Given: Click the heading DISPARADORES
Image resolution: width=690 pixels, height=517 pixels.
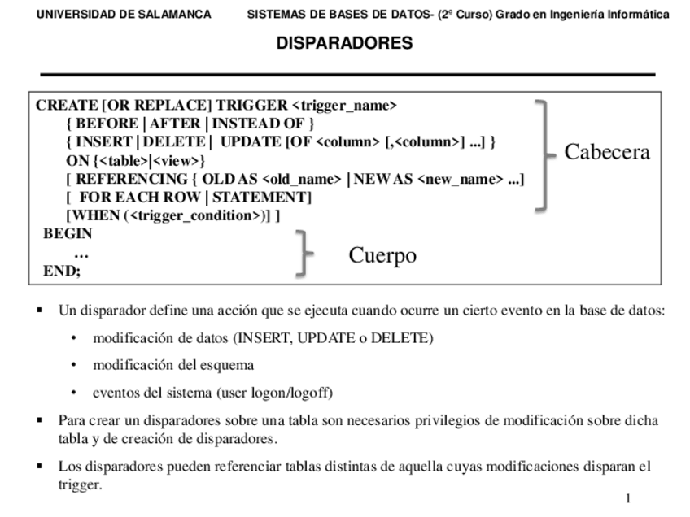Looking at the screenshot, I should [x=344, y=43].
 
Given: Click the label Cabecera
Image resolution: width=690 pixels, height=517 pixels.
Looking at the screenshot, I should [x=607, y=152].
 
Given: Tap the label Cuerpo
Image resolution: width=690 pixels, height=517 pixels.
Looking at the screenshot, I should [x=382, y=255].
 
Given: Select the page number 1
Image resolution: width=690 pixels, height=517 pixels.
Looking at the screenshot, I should [x=627, y=497].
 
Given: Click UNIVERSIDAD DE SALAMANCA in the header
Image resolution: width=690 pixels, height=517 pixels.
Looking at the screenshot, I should [x=124, y=15].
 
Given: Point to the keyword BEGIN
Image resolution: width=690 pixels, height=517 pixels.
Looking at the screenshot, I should [x=68, y=233].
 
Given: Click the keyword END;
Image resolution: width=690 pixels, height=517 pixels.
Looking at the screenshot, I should [x=62, y=271].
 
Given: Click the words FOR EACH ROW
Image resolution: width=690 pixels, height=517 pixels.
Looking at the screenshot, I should [x=132, y=198].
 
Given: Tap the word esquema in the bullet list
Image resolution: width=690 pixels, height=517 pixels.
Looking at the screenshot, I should [x=229, y=365].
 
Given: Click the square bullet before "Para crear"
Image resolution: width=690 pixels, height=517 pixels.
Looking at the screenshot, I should [x=41, y=421].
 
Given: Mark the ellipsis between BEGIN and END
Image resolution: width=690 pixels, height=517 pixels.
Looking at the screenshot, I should [x=81, y=253].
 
